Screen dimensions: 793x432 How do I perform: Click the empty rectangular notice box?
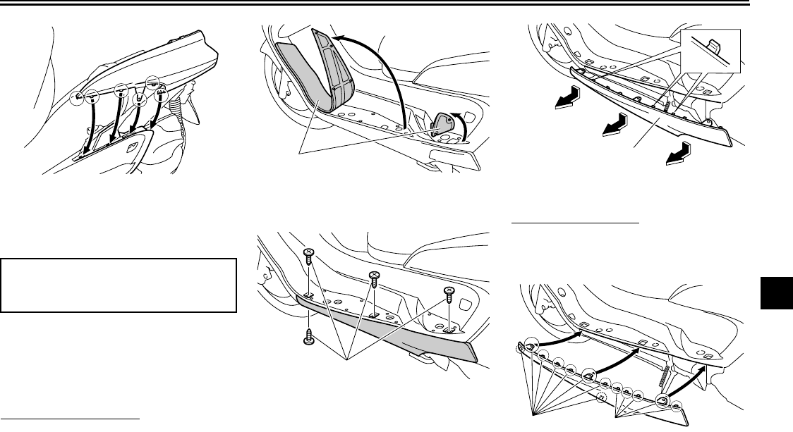click(x=119, y=284)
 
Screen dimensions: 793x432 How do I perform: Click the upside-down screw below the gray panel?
click(x=308, y=336)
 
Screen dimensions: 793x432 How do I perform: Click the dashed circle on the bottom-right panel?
click(x=601, y=397)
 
